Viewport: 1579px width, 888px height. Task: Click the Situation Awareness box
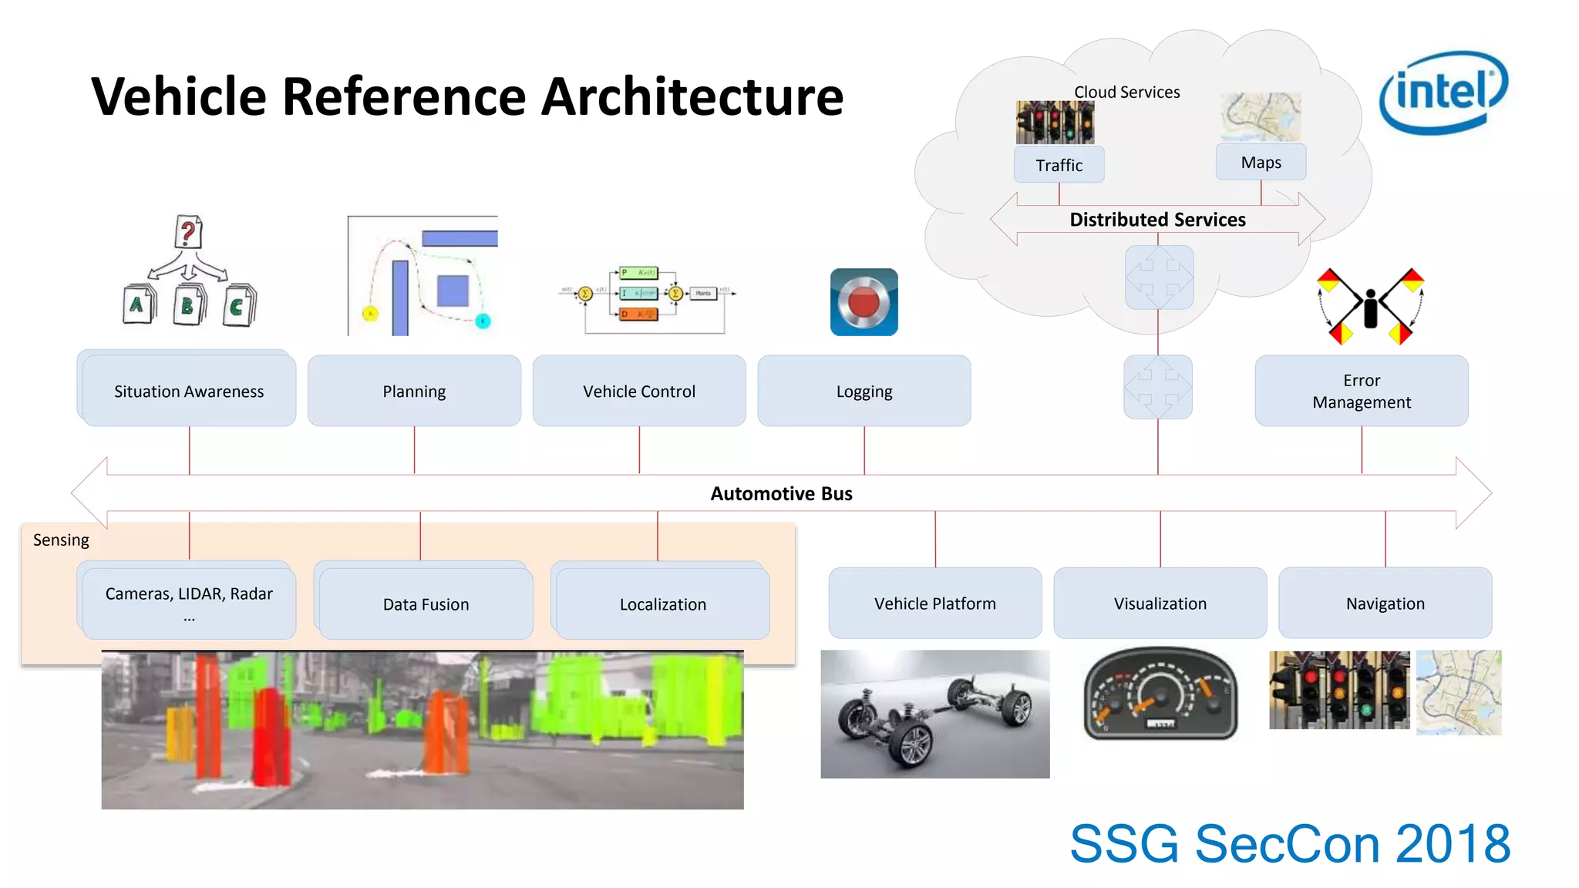pyautogui.click(x=189, y=391)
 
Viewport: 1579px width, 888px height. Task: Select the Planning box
pyautogui.click(x=414, y=391)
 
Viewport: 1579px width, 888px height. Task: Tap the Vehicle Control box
pyautogui.click(x=639, y=391)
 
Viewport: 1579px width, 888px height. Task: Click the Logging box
pyautogui.click(x=864, y=391)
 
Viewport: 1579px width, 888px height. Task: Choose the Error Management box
pyautogui.click(x=1362, y=391)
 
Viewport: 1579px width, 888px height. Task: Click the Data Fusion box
pyautogui.click(x=426, y=604)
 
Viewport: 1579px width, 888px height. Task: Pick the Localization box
pyautogui.click(x=663, y=604)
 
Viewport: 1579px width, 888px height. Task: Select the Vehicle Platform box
pyautogui.click(x=935, y=603)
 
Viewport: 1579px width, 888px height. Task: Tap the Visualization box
pyautogui.click(x=1160, y=603)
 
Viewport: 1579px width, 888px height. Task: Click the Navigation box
pyautogui.click(x=1385, y=603)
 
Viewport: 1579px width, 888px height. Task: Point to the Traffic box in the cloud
pyautogui.click(x=1059, y=165)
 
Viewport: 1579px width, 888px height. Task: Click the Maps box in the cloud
pyautogui.click(x=1261, y=162)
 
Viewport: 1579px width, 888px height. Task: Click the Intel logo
pyautogui.click(x=1443, y=92)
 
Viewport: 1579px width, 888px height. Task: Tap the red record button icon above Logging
pyautogui.click(x=864, y=302)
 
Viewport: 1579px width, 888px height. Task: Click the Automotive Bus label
pyautogui.click(x=781, y=493)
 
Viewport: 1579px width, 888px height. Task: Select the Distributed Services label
pyautogui.click(x=1157, y=220)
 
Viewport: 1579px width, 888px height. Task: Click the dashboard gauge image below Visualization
pyautogui.click(x=1160, y=693)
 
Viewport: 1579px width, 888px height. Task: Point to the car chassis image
pyautogui.click(x=935, y=714)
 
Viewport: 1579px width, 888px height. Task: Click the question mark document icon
pyautogui.click(x=188, y=232)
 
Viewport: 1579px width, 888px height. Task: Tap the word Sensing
pyautogui.click(x=61, y=540)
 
